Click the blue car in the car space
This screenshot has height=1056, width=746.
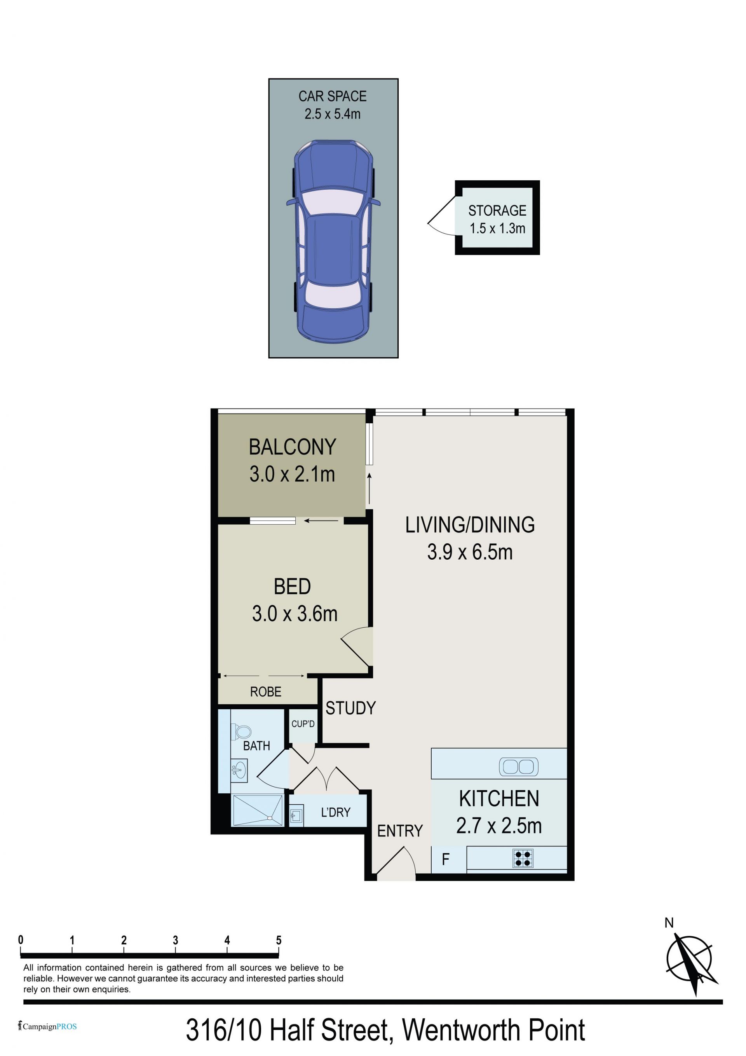pyautogui.click(x=333, y=241)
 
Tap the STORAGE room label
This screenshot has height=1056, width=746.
pyautogui.click(x=497, y=211)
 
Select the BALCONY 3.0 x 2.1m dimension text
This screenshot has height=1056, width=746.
pyautogui.click(x=292, y=474)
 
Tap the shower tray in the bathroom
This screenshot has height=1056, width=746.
pyautogui.click(x=258, y=810)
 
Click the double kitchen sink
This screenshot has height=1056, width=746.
pyautogui.click(x=518, y=767)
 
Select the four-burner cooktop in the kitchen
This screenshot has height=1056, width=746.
pyautogui.click(x=523, y=858)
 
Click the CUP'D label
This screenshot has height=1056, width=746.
pyautogui.click(x=303, y=724)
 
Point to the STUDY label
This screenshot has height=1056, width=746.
pyautogui.click(x=350, y=708)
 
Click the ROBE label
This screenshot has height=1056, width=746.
pyautogui.click(x=265, y=692)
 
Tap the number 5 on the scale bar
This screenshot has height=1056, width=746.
pyautogui.click(x=279, y=940)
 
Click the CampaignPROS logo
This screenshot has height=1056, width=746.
pyautogui.click(x=47, y=1026)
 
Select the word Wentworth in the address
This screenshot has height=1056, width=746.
pyautogui.click(x=462, y=1030)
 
